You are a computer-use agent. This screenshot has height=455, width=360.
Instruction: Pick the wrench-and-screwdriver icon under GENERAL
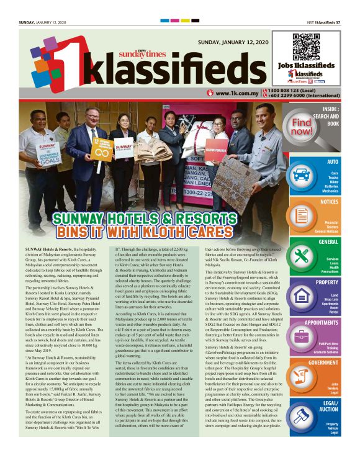(x=302, y=255)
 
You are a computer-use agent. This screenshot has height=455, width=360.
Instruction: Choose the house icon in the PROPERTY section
(x=302, y=295)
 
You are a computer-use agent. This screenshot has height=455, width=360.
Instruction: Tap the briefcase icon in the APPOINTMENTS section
(x=302, y=336)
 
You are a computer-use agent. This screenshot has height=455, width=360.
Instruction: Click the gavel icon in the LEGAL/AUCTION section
(x=302, y=417)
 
